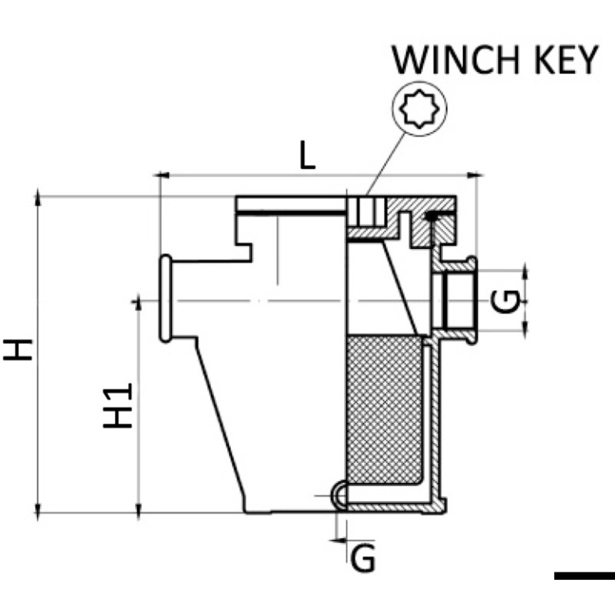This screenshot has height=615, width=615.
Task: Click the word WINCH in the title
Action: tap(456, 60)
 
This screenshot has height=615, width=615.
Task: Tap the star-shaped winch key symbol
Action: tap(420, 109)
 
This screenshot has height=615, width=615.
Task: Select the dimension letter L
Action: tap(307, 155)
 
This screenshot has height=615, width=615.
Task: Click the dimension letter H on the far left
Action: tap(18, 350)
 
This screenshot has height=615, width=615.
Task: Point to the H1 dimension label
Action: tap(118, 405)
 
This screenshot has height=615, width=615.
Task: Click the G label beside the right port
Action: tap(505, 301)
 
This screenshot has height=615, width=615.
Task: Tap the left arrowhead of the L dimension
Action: tap(162, 175)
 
